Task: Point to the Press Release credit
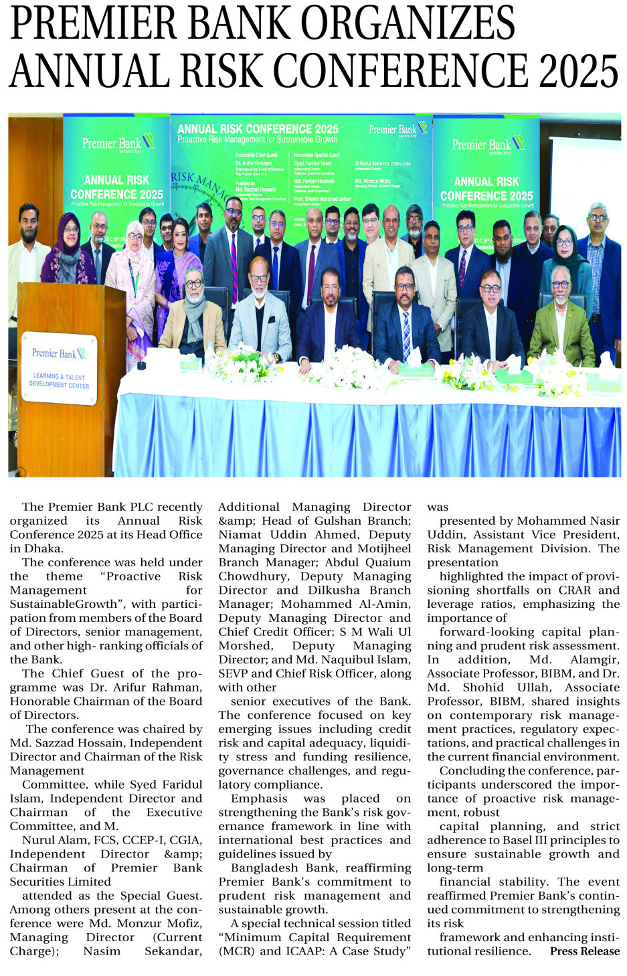click(x=584, y=951)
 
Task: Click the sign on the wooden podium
click(x=59, y=368)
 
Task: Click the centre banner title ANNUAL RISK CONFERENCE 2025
click(x=258, y=129)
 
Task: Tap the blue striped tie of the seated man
click(x=406, y=333)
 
